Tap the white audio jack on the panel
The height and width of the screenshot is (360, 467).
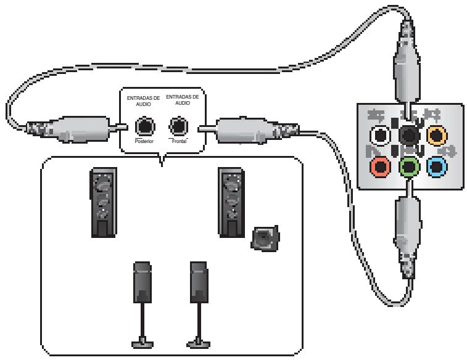click(x=378, y=135)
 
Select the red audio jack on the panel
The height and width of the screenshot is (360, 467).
click(x=378, y=166)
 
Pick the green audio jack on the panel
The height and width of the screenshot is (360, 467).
click(x=407, y=166)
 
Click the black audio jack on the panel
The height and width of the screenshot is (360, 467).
click(x=407, y=135)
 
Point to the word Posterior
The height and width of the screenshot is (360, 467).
click(x=144, y=141)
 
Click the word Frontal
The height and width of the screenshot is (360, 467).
click(x=178, y=141)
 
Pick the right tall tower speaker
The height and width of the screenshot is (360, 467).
click(x=231, y=201)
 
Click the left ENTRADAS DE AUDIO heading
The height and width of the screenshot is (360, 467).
click(x=144, y=101)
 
